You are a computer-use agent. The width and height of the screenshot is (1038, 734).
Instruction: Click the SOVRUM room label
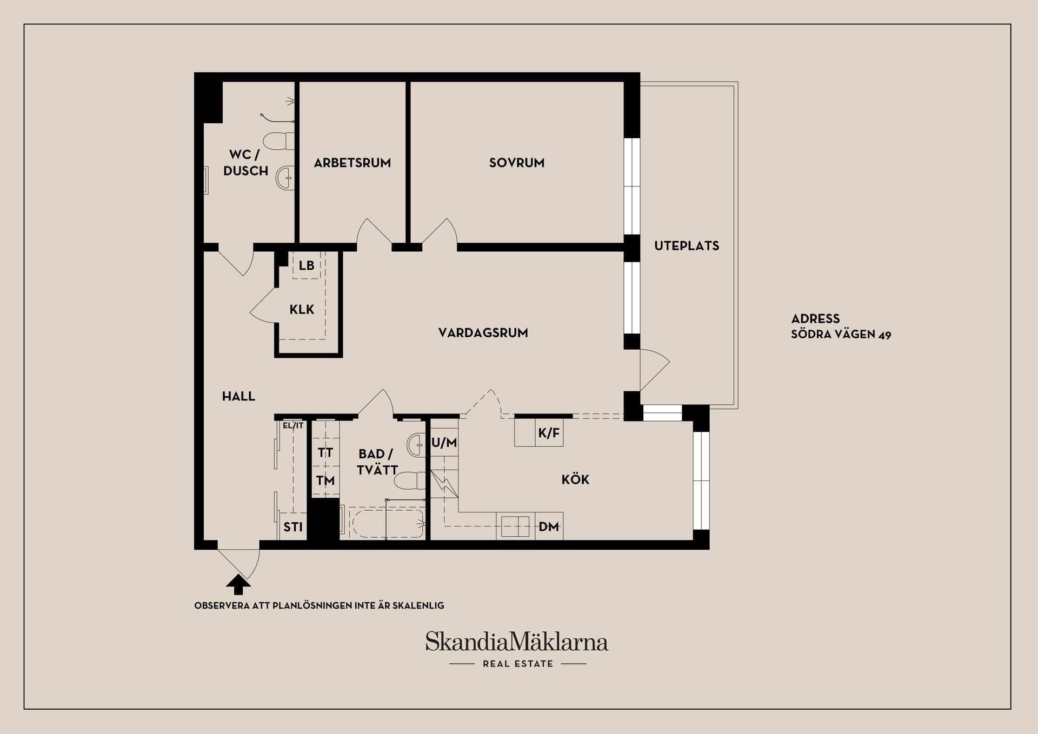[516, 163]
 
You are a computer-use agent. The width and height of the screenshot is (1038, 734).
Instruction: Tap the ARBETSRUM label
[352, 163]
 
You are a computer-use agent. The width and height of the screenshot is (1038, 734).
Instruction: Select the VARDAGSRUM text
[483, 333]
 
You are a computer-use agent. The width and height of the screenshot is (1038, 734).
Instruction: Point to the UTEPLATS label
[687, 246]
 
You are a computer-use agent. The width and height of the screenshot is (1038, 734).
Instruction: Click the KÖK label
[575, 479]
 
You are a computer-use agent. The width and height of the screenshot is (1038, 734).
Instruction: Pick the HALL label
[238, 396]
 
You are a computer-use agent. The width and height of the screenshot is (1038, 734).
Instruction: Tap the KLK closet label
[302, 310]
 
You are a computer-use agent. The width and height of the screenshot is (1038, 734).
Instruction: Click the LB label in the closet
[307, 265]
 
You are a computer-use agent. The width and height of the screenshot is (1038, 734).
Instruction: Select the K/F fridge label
[549, 433]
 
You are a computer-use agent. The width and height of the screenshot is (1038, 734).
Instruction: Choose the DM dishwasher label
[549, 526]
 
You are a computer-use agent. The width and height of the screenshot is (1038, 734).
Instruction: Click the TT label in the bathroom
[325, 452]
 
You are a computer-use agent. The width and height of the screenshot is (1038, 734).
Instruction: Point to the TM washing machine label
[325, 481]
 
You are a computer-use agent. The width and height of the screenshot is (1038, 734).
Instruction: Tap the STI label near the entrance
[293, 527]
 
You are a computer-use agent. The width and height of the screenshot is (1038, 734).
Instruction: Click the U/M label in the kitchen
[444, 443]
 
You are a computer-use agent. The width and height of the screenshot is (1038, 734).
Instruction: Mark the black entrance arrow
[238, 584]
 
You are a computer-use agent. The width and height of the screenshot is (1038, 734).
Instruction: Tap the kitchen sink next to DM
[515, 526]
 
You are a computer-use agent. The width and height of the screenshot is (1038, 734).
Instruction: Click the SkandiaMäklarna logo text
[516, 642]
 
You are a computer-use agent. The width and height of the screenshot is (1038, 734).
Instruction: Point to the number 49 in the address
[884, 335]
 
